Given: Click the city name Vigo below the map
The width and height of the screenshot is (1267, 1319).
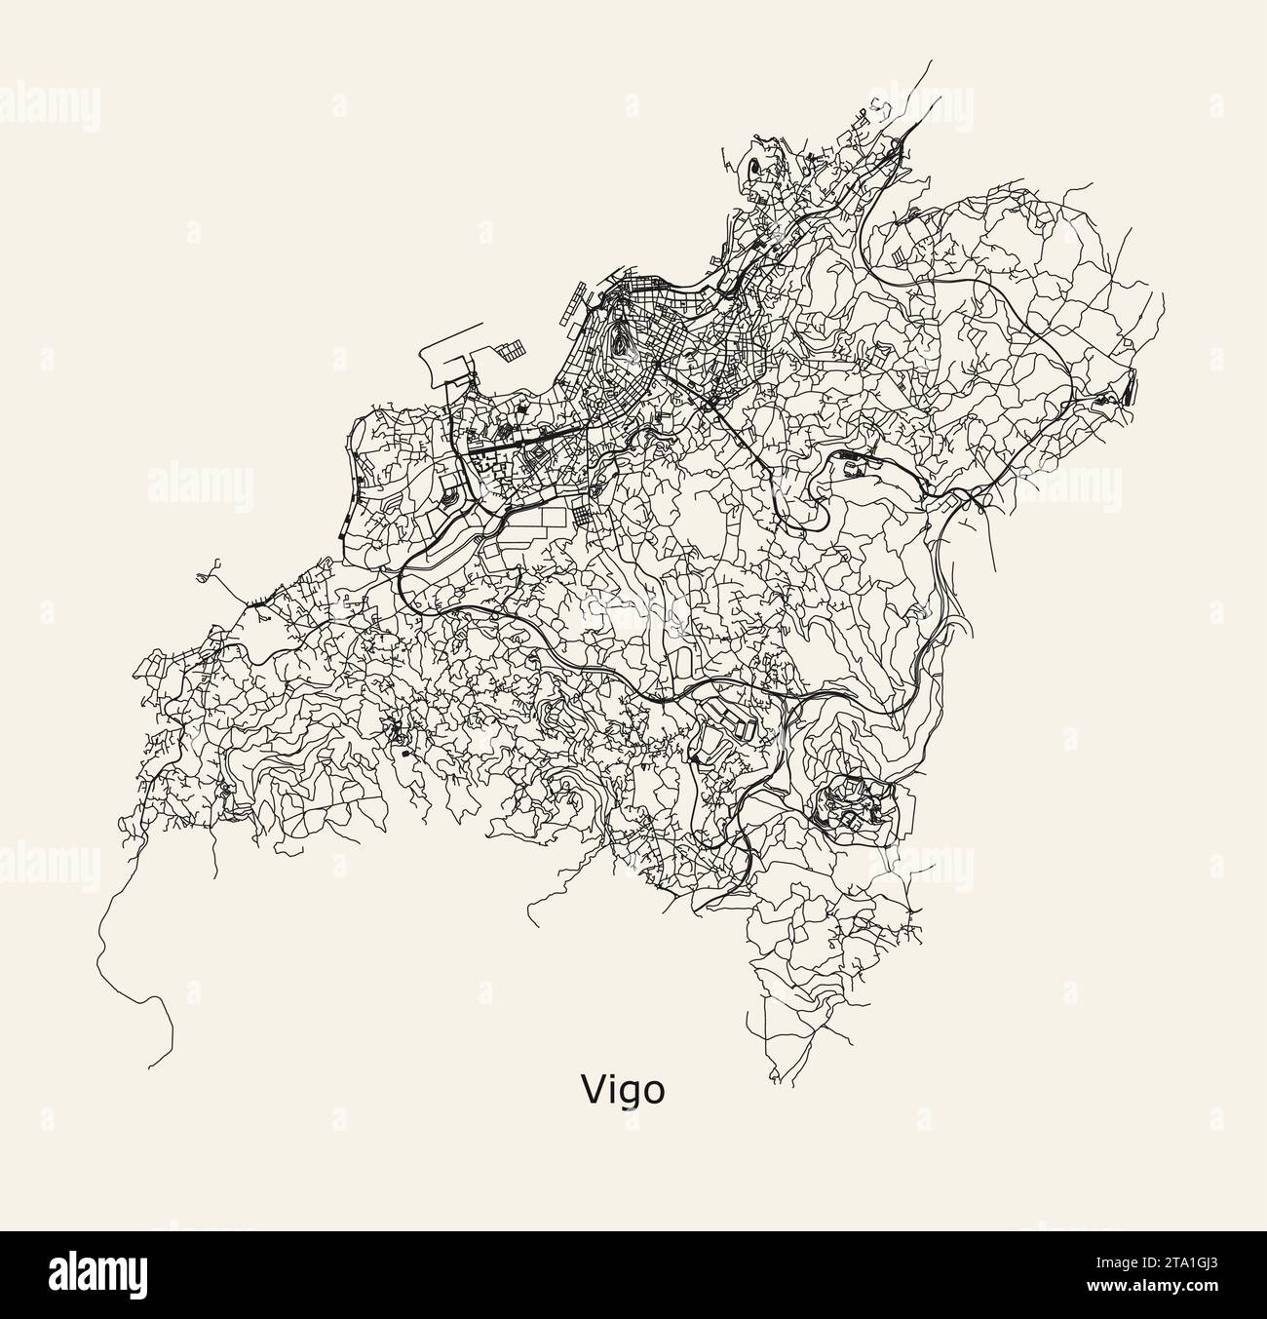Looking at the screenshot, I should click(624, 1089).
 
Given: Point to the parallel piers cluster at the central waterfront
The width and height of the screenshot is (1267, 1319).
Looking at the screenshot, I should click(578, 303).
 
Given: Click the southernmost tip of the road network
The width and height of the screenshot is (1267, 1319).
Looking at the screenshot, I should click(777, 1081).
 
